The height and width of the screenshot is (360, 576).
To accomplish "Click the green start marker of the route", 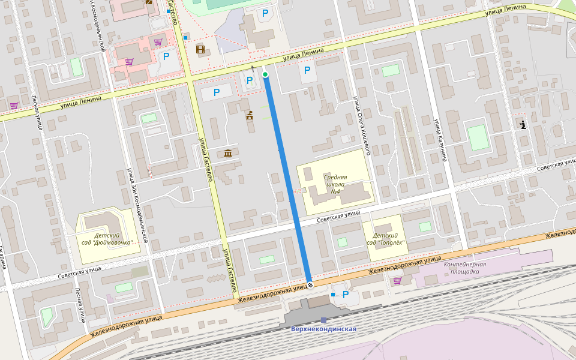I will pyautogui.click(x=265, y=74).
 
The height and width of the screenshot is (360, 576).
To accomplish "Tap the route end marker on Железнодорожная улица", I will pyautogui.click(x=310, y=285).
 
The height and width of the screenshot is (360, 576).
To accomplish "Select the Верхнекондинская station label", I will pyautogui.click(x=323, y=329).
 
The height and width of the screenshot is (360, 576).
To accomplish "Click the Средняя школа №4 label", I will pyautogui.click(x=335, y=184).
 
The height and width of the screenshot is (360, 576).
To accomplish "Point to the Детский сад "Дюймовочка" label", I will pyautogui.click(x=106, y=239).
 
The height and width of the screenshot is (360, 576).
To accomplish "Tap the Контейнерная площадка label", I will pyautogui.click(x=464, y=268).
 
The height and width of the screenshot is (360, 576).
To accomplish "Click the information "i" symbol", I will pyautogui.click(x=523, y=125).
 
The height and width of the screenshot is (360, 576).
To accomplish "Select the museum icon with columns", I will pyautogui.click(x=228, y=154).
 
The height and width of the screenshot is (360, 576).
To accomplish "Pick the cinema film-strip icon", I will pyautogui.click(x=200, y=49).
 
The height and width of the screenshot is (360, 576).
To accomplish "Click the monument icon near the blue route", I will pyautogui.click(x=249, y=115).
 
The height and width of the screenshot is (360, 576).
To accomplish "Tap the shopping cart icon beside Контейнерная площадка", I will pyautogui.click(x=397, y=280).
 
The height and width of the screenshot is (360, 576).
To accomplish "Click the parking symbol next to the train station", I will pyautogui.click(x=345, y=294).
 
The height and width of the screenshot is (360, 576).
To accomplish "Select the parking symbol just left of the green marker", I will pyautogui.click(x=250, y=80).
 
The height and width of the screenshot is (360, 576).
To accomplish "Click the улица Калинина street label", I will pyautogui.click(x=441, y=139).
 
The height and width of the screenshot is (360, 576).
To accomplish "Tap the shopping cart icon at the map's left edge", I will pyautogui.click(x=14, y=106).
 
